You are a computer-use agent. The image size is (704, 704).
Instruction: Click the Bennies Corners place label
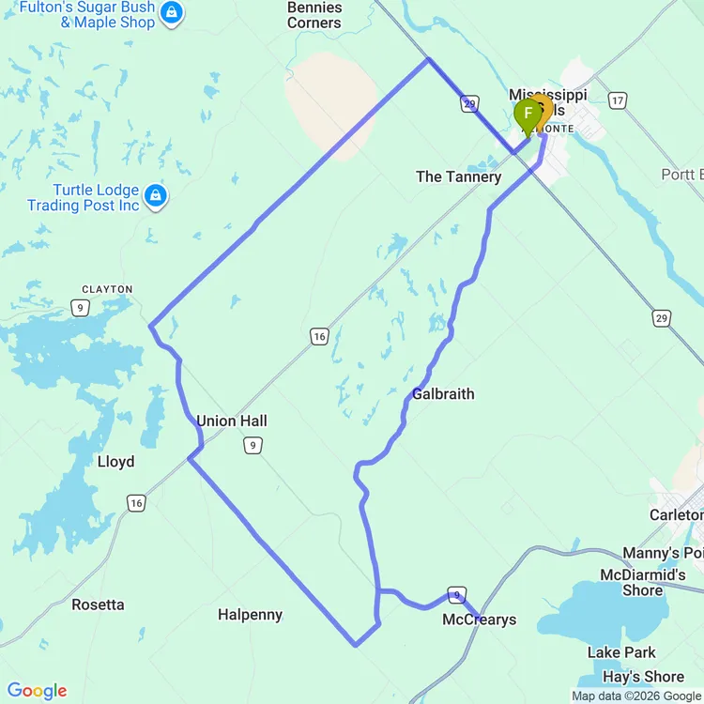[314, 15]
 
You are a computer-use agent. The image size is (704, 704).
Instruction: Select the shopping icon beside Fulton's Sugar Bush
[172, 13]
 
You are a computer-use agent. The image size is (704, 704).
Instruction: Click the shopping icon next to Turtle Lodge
[156, 197]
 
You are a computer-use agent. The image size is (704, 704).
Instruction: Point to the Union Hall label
[232, 421]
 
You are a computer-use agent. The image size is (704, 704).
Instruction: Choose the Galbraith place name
[443, 394]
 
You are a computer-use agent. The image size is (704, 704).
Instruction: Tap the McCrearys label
[479, 620]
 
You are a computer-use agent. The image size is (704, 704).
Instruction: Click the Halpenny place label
[250, 615]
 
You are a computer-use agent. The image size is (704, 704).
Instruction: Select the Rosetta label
[98, 605]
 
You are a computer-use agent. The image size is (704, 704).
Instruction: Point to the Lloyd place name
[115, 462]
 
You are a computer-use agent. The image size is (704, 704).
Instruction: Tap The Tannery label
[458, 176]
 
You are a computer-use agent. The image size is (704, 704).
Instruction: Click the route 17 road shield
[617, 99]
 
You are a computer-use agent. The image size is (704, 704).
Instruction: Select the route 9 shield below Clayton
[83, 307]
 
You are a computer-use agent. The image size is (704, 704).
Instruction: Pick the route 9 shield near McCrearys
[457, 595]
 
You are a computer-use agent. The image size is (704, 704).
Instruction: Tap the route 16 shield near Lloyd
[137, 504]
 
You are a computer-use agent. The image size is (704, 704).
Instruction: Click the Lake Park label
[621, 652]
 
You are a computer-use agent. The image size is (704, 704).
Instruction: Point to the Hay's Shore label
[643, 677]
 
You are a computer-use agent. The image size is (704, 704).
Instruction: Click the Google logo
[37, 692]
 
